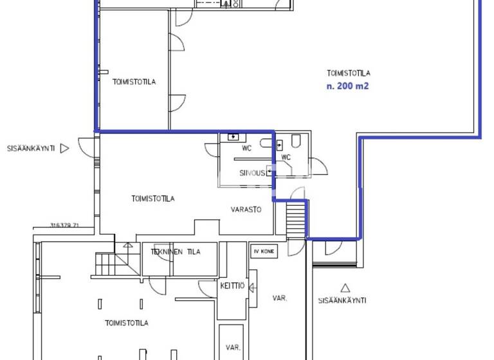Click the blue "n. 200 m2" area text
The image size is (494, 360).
click(x=348, y=86)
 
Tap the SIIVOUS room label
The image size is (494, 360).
click(x=252, y=173)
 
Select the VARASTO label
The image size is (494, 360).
click(x=246, y=210)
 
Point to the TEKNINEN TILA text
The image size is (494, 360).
click(x=176, y=252)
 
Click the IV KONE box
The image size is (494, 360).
click(x=264, y=252)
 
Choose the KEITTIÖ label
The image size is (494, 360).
click(x=232, y=286)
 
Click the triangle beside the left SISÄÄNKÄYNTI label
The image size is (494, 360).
click(x=64, y=148)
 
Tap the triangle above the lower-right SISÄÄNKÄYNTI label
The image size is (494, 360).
click(x=345, y=288)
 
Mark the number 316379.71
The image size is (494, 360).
click(x=64, y=226)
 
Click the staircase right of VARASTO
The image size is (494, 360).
click(x=296, y=218)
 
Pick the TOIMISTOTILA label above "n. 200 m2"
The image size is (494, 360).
click(x=348, y=73)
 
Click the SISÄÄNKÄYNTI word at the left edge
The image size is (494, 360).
click(x=30, y=148)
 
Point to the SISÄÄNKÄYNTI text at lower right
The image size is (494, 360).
click(x=342, y=300)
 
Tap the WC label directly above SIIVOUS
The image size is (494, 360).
click(x=246, y=148)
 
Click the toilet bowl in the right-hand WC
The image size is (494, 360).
click(x=297, y=141)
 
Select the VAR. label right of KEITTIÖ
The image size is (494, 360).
click(x=279, y=298)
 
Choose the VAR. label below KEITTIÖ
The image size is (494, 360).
click(x=232, y=348)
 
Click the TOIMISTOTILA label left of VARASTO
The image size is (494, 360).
click(x=152, y=199)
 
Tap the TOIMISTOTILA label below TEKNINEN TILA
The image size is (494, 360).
click(x=127, y=323)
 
